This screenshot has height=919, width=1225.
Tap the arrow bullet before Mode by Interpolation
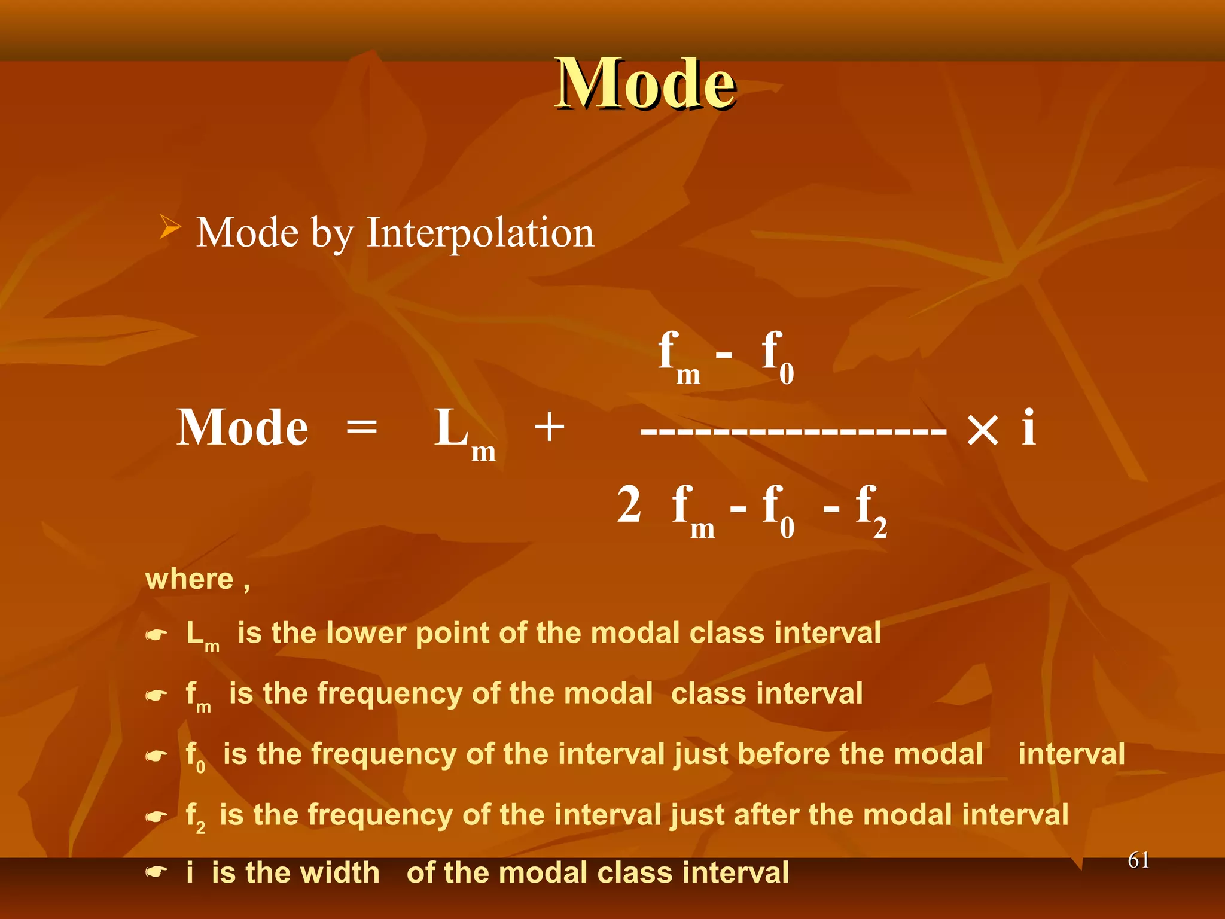(169, 228)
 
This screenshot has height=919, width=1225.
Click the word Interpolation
(480, 233)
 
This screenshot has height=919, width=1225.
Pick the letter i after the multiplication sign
(1028, 427)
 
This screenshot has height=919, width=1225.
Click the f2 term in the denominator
(870, 510)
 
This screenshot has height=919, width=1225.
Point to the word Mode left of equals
(242, 428)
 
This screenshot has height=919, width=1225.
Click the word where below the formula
(190, 579)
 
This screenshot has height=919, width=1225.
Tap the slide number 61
(1138, 860)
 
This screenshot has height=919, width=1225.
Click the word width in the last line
(342, 872)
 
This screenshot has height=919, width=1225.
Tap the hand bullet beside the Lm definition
(156, 635)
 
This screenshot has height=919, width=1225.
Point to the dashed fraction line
(794, 430)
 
